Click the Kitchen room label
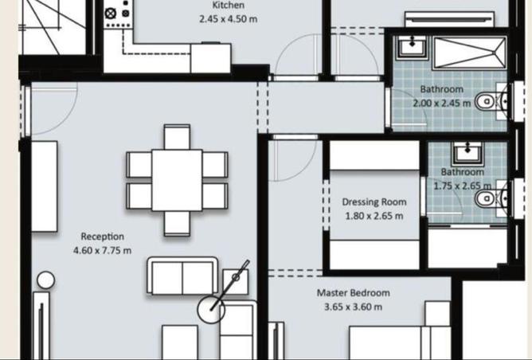point(228,6)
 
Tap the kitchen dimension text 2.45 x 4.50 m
point(228,18)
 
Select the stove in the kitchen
point(119,14)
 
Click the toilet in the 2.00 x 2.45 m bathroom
point(487,101)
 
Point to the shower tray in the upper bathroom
point(467,53)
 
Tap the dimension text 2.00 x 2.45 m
point(441,103)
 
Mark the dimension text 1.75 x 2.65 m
point(463,186)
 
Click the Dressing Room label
point(374,202)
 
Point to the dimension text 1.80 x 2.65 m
point(374,215)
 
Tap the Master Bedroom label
point(353,293)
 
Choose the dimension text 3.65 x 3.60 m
point(353,307)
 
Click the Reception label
point(102,237)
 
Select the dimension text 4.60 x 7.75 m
point(102,250)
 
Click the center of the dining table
point(178,179)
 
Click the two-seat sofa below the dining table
point(182,276)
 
